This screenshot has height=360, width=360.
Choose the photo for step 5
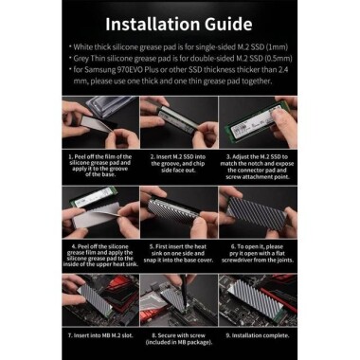tap(178, 210)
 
